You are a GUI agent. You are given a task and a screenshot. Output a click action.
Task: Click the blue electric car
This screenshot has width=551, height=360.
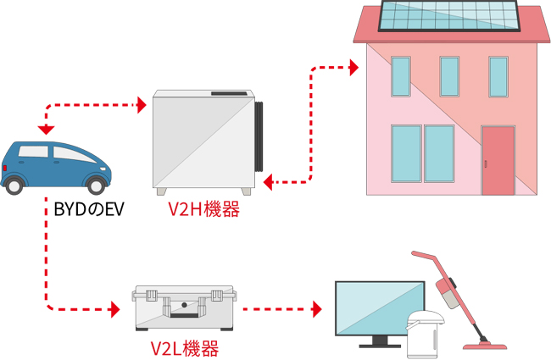click(x=55, y=166)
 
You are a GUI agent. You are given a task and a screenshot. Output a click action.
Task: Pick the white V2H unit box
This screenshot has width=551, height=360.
click(x=203, y=140)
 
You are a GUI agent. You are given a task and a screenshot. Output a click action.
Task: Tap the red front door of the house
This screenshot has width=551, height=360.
click(x=498, y=160)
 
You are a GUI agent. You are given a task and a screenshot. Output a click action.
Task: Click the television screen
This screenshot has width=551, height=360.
click(x=379, y=310)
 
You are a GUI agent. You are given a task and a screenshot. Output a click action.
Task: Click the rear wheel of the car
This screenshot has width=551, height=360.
click(x=15, y=185)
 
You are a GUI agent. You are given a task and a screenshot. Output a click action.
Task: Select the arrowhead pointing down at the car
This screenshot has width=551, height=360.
click(x=46, y=129)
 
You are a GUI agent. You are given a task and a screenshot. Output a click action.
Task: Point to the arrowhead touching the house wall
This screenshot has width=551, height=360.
click(x=353, y=65)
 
